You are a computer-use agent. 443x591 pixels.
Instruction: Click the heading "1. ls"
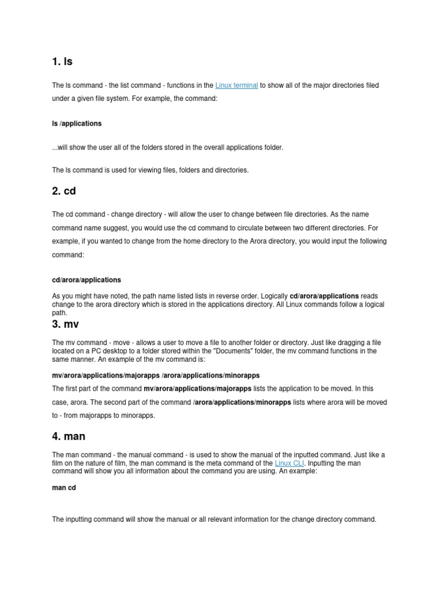point(62,61)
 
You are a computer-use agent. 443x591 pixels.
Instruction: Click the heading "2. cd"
point(64,190)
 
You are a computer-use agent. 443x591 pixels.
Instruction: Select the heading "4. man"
point(69,436)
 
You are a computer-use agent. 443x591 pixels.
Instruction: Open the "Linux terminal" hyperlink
point(236,85)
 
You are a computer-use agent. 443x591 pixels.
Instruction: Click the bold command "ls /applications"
point(77,124)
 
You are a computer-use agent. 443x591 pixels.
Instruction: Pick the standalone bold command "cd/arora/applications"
point(87,280)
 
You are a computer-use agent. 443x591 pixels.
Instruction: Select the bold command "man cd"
point(64,488)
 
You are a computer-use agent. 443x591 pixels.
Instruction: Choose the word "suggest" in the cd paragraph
point(121,228)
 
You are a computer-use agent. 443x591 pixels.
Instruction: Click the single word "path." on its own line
point(59,312)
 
